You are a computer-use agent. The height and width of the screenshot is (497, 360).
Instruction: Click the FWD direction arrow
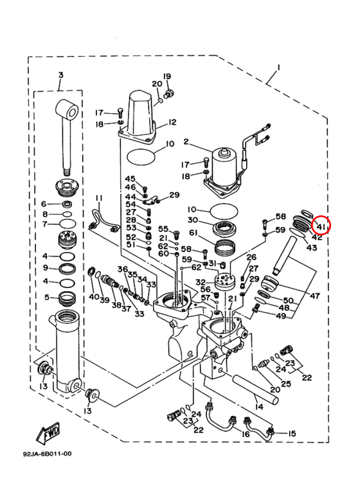(48, 432)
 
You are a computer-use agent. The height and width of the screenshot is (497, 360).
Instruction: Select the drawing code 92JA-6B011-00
(47, 454)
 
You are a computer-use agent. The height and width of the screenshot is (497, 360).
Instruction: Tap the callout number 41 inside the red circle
(321, 226)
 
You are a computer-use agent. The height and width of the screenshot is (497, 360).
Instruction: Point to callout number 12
(172, 122)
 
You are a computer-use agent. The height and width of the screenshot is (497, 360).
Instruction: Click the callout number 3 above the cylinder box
(61, 75)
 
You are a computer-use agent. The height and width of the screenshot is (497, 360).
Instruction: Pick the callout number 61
(194, 233)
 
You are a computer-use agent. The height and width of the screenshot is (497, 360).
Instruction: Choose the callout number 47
(314, 296)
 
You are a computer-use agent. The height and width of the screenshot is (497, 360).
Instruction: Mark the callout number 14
(259, 406)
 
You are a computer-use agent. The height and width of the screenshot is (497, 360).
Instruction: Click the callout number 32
(201, 282)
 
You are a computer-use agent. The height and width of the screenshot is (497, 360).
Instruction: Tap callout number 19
(167, 77)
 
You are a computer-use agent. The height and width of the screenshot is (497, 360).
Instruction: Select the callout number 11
(99, 199)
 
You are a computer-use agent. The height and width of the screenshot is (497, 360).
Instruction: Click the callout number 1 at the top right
(278, 68)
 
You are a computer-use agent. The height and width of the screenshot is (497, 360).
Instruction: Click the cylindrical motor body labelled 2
(223, 168)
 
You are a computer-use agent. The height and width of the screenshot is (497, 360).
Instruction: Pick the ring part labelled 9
(67, 269)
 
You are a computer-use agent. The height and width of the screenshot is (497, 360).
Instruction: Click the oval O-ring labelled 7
(67, 224)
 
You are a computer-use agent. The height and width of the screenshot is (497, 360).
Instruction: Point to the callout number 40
(93, 296)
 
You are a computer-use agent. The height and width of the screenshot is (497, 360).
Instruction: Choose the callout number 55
(163, 229)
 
